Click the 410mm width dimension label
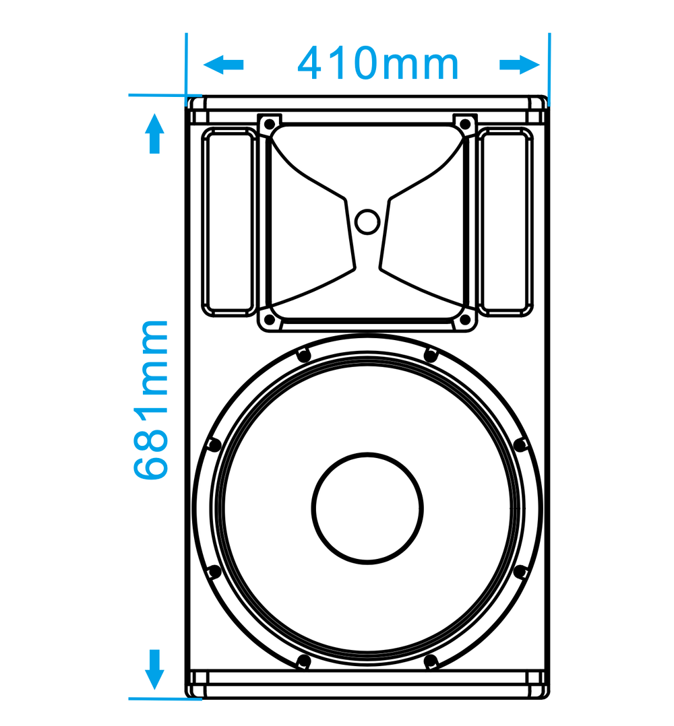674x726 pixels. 378,64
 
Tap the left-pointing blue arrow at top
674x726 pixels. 223,65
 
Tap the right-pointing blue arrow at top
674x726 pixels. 520,65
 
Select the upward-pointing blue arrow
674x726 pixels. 155,133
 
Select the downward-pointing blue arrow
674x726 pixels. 155,669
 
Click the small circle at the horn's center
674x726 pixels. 367,222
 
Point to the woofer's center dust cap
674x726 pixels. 368,508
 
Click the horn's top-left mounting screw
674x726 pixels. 268,124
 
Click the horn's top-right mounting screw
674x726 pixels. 465,124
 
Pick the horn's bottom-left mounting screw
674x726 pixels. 268,320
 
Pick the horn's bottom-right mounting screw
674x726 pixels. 465,320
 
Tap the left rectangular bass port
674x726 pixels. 228,222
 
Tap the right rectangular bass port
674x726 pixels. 504,222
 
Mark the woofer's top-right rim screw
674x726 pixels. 430,355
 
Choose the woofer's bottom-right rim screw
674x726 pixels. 431,661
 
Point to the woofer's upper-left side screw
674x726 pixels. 214,444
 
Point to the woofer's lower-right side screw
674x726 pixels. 520,572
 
